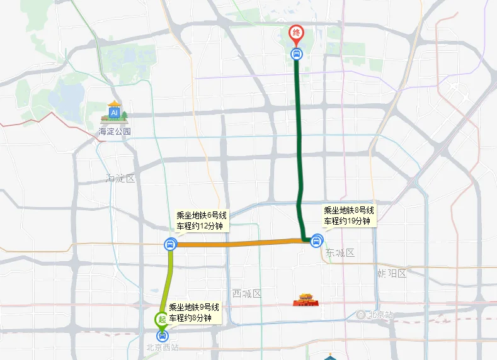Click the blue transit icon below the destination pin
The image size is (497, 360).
pyautogui.click(x=296, y=54)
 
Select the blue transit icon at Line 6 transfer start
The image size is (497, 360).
pyautogui.click(x=170, y=244)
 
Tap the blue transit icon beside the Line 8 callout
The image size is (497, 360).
pyautogui.click(x=317, y=240)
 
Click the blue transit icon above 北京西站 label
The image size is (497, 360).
pyautogui.click(x=163, y=335)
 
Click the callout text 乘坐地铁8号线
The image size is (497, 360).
pyautogui.click(x=349, y=211)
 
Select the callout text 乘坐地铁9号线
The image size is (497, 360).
pyautogui.click(x=194, y=308)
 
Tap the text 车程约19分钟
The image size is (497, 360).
pyautogui.click(x=349, y=221)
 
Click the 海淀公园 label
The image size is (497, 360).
pyautogui.click(x=115, y=132)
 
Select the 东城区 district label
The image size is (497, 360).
pyautogui.click(x=341, y=253)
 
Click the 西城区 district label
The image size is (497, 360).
pyautogui.click(x=246, y=294)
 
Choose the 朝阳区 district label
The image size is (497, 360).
pyautogui.click(x=392, y=274)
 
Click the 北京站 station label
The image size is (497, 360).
pyautogui.click(x=380, y=314)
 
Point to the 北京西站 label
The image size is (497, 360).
pyautogui.click(x=163, y=347)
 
